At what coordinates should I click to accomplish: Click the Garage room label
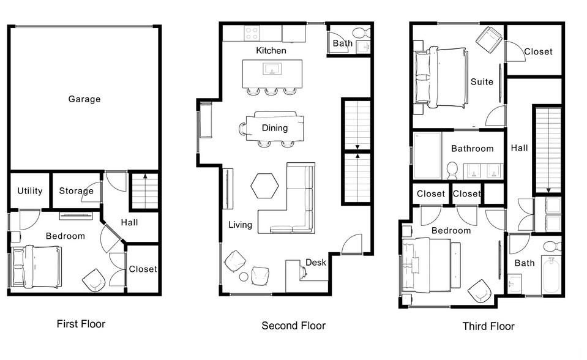click(84, 99)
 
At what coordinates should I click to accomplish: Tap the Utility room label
click(29, 191)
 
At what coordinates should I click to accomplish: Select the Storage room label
click(76, 191)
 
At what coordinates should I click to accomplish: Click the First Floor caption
click(81, 324)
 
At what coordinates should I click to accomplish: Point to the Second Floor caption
click(293, 326)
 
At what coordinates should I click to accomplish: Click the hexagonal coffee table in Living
click(264, 185)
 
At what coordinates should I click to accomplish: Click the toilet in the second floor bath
click(361, 32)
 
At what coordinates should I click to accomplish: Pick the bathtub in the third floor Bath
click(552, 276)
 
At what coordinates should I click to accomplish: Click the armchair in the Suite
click(490, 39)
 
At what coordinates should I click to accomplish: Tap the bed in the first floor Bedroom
click(37, 266)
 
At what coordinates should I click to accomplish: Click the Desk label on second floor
click(315, 263)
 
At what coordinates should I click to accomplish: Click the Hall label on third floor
click(519, 148)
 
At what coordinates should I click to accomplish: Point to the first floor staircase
click(144, 191)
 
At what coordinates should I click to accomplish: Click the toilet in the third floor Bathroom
click(453, 168)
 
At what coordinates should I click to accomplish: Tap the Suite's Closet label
click(538, 52)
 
